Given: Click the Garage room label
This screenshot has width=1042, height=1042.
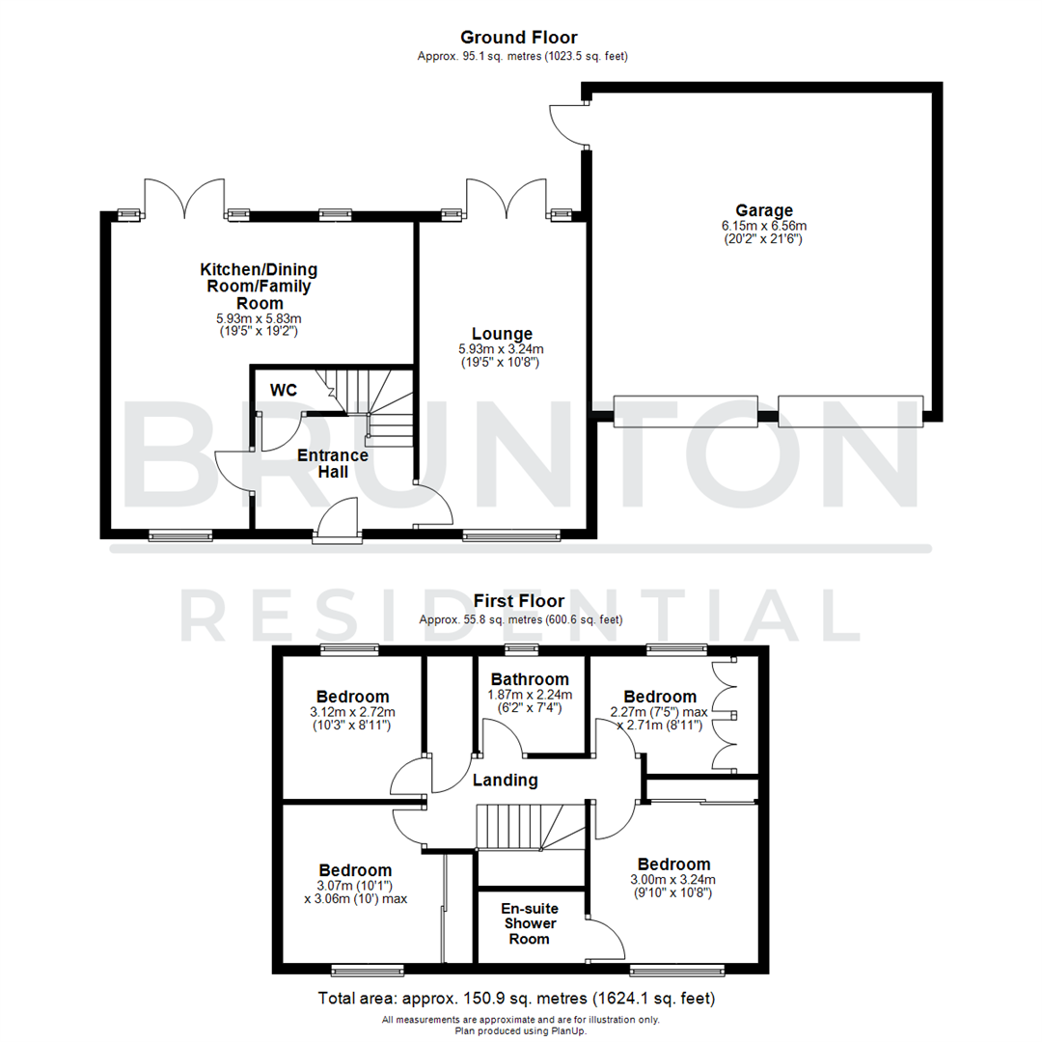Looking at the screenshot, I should coord(763,210).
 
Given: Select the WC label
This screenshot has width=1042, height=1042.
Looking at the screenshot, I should coord(284,390).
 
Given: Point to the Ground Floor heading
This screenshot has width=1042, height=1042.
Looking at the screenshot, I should coord(520,38).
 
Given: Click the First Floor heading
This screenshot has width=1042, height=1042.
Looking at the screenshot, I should coord(520,601).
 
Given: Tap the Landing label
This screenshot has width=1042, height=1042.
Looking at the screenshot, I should coord(505,781).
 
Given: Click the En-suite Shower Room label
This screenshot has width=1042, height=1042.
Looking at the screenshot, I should coord(530,923).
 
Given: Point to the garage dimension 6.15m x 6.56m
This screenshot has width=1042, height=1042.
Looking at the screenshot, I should coord(763,226).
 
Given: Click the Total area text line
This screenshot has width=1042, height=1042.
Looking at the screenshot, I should coord(520,998).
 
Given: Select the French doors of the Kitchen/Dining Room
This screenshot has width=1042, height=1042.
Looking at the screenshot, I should coord(181,198).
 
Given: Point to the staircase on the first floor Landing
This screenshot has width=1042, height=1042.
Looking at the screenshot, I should coord(526,828).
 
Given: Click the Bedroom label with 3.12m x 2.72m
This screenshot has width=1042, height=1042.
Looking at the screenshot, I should coord(352,697).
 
